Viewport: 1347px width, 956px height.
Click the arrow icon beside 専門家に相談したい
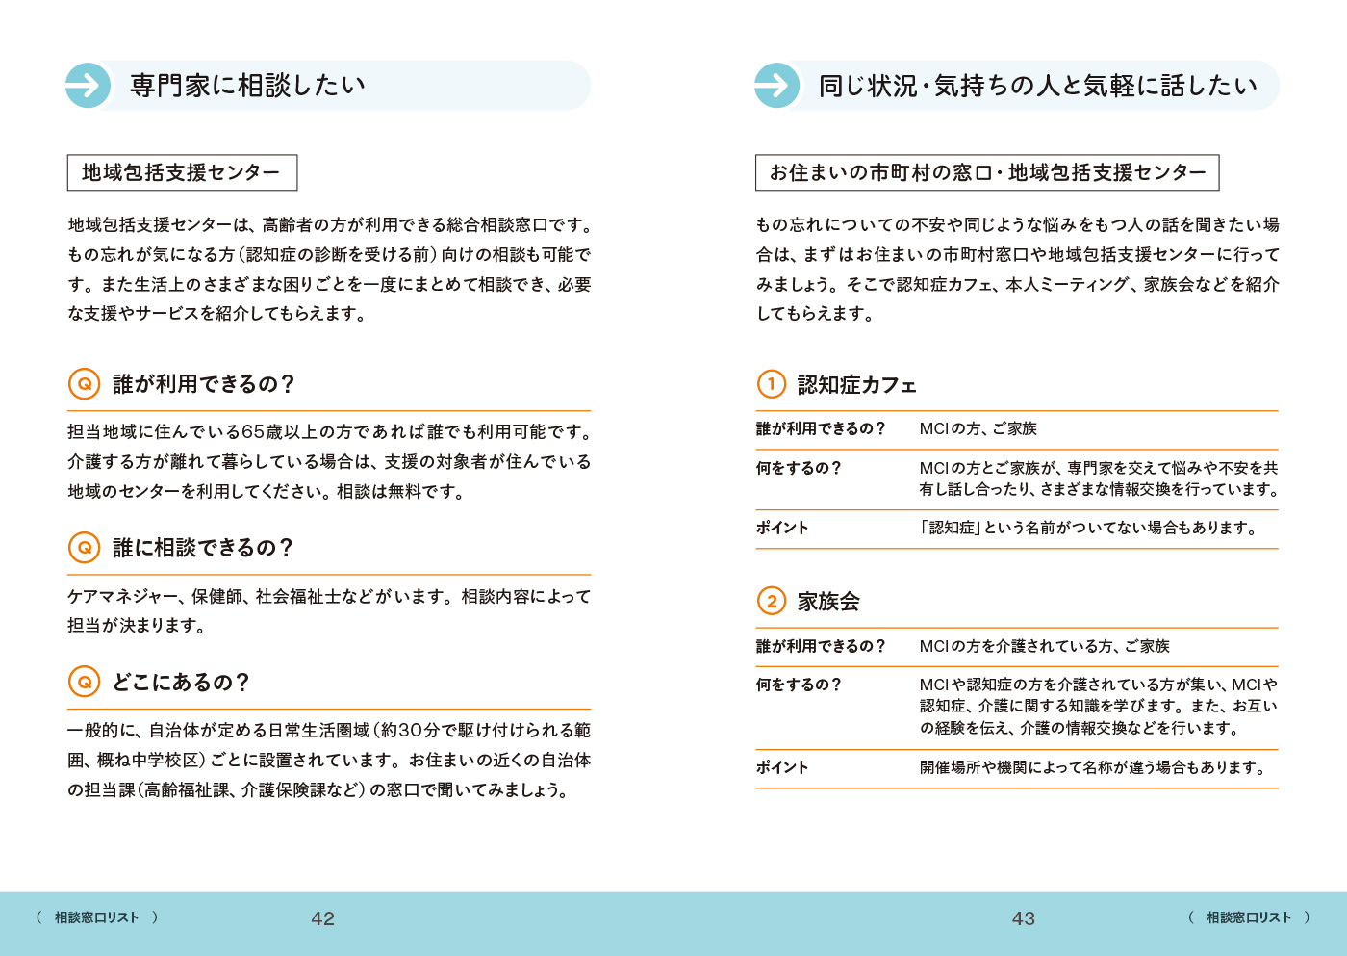pos(88,86)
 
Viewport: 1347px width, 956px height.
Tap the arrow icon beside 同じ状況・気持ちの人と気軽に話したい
pos(776,86)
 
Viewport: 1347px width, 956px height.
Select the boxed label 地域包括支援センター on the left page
pos(182,172)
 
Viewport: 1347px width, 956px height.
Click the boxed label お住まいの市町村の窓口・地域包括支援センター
pos(987,172)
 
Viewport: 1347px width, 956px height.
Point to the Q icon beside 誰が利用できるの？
pos(85,383)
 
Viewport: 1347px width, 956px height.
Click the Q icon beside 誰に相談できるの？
pos(85,547)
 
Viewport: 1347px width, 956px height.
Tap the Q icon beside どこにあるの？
pos(85,682)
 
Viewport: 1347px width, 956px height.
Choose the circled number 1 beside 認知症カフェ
pos(772,384)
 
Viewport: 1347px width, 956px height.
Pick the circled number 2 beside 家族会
pos(772,601)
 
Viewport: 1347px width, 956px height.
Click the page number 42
pos(323,918)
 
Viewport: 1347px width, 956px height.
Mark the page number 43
pos(1024,918)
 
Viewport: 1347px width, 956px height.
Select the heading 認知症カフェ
pos(856,385)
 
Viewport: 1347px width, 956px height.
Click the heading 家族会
pos(828,602)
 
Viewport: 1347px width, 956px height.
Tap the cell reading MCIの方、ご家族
pos(978,429)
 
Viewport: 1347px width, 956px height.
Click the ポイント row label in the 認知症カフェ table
pos(782,528)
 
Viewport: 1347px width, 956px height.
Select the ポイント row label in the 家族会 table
pos(782,767)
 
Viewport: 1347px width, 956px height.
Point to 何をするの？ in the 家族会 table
pos(799,685)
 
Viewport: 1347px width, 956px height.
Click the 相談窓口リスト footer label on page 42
pos(96,917)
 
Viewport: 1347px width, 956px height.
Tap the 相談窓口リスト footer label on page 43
pos(1249,917)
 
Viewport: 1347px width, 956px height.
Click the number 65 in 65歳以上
pos(253,432)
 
